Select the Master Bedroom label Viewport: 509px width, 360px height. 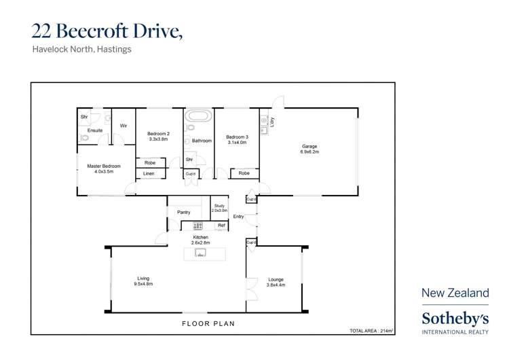coord(104,166)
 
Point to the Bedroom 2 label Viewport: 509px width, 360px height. coord(158,134)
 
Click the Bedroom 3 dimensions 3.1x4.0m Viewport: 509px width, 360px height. coord(236,143)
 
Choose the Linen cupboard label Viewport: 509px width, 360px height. coord(149,174)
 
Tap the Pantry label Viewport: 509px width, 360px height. coord(183,212)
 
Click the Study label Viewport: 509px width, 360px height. coord(219,206)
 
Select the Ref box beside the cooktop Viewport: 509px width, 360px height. coord(221,226)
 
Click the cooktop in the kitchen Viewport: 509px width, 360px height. coord(198,226)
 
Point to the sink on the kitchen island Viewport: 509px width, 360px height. coord(200,253)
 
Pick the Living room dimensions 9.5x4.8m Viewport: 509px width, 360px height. coord(143,284)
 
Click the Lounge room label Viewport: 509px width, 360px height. coord(276,279)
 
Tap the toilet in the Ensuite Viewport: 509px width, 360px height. coord(84,138)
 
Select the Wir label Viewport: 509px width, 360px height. coord(124,126)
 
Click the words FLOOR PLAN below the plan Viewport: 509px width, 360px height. coord(208,324)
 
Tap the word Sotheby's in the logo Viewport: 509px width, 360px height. coord(455,318)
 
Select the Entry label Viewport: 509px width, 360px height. coord(238,217)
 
